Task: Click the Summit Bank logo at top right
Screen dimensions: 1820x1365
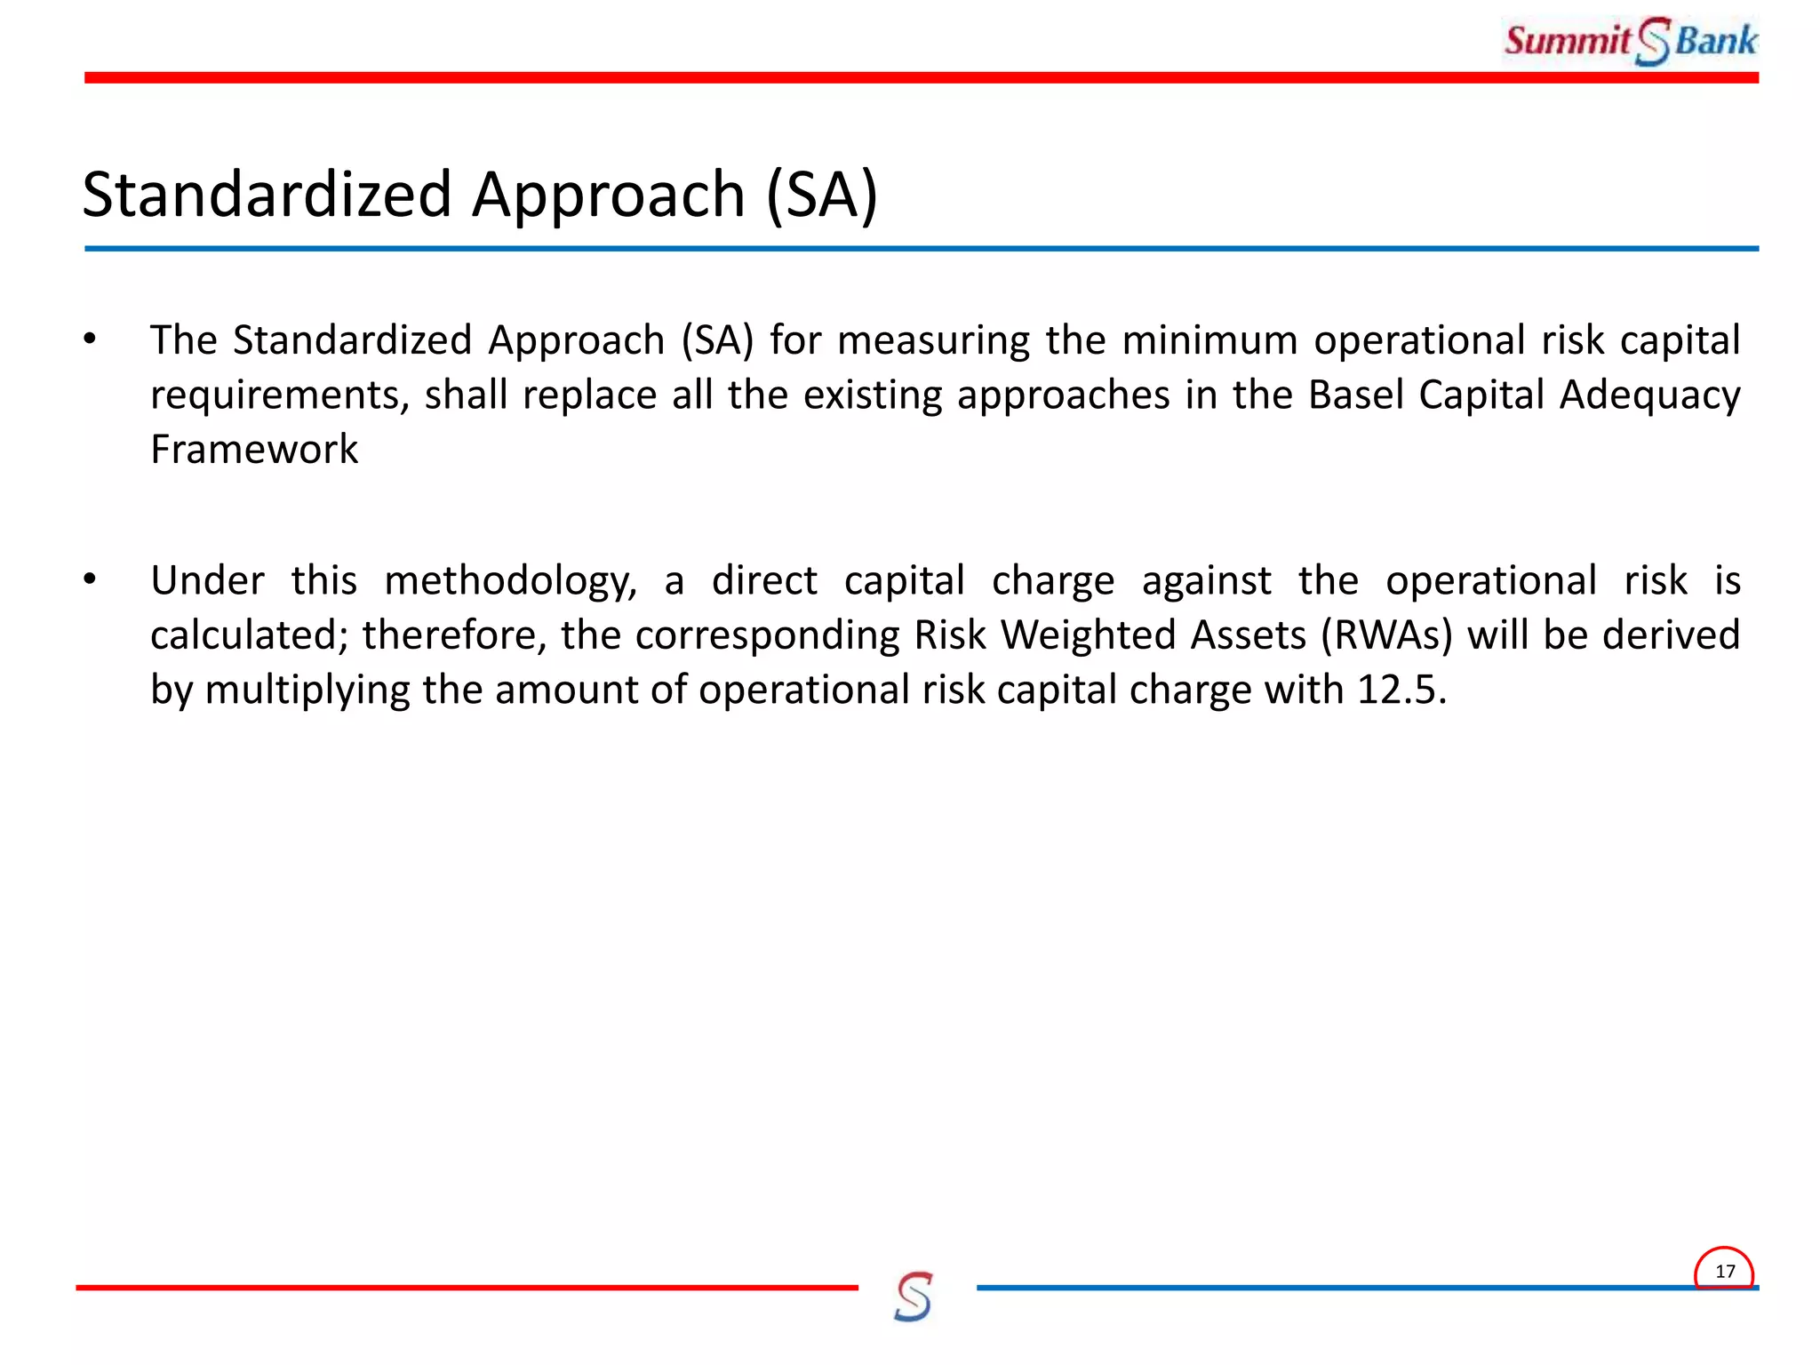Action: tap(1631, 41)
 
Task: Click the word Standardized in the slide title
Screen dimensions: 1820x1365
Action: tap(267, 195)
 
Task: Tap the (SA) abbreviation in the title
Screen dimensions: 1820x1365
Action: tap(821, 195)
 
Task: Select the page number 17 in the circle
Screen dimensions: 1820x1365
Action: tap(1724, 1271)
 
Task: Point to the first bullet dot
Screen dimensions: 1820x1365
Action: tap(90, 339)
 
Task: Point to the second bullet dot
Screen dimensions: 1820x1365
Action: tap(90, 580)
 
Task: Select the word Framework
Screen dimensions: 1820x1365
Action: tap(254, 450)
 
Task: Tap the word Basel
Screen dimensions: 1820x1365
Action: tap(1355, 395)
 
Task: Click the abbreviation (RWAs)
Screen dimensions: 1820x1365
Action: tap(1386, 635)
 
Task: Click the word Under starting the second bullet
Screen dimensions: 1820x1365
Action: tap(207, 581)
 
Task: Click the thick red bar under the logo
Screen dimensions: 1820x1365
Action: tap(889, 78)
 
